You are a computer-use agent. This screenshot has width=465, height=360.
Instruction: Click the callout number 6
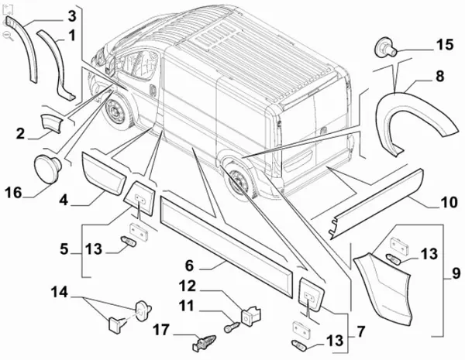point(212,265)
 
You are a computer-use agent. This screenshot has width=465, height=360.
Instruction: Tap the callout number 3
point(71,15)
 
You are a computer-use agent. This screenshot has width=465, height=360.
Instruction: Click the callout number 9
point(454,274)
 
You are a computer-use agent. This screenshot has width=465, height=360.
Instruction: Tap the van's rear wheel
point(238,183)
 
